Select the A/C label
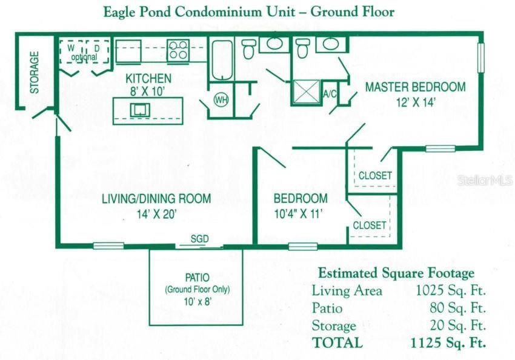click(x=330, y=95)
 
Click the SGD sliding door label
click(x=199, y=239)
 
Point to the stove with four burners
click(x=178, y=49)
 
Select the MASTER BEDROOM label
click(x=415, y=87)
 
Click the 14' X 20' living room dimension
click(x=156, y=213)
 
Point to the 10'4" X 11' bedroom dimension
click(x=300, y=213)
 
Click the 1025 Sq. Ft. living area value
click(x=450, y=291)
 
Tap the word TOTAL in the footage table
click(x=337, y=342)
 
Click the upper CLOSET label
click(x=375, y=176)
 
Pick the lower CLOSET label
click(x=370, y=225)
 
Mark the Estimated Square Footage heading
click(x=396, y=273)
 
